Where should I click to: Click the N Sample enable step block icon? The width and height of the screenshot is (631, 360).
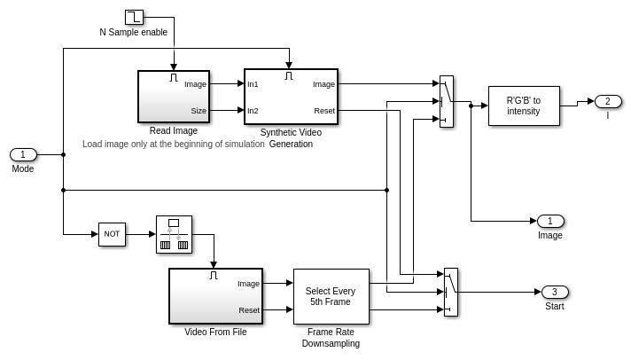(x=134, y=17)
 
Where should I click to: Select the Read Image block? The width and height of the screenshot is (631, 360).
(x=173, y=96)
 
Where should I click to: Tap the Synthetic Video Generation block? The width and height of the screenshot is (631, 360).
(x=291, y=96)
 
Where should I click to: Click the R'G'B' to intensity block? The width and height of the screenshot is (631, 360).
(x=523, y=106)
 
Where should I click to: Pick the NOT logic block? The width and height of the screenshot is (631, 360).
(x=112, y=234)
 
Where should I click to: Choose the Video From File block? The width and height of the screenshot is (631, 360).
(x=215, y=296)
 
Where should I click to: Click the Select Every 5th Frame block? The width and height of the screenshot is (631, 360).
(x=331, y=296)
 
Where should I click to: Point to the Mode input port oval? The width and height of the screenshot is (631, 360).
(x=23, y=154)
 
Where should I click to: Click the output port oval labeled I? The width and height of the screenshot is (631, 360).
(x=608, y=101)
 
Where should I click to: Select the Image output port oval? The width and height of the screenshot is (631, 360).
(x=550, y=221)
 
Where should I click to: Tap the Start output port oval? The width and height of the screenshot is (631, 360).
(x=555, y=292)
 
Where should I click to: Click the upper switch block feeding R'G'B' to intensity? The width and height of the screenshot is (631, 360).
(x=446, y=101)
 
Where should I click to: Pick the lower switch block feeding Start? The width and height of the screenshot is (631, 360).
(x=450, y=292)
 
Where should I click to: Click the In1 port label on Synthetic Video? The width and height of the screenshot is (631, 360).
(x=253, y=84)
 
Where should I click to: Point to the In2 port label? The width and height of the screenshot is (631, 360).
(x=253, y=111)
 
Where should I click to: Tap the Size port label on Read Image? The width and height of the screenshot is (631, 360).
(x=199, y=111)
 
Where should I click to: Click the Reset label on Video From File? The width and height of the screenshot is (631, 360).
(x=248, y=310)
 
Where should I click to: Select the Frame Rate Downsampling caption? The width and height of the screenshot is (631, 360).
(x=331, y=338)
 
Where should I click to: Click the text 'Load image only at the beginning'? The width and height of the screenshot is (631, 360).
(x=173, y=144)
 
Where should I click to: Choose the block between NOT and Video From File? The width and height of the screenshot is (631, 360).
(x=174, y=234)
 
